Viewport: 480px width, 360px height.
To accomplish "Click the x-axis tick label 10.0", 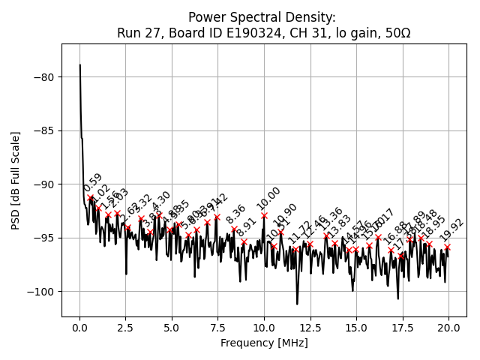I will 264,328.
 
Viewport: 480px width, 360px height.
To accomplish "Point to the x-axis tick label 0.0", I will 79,328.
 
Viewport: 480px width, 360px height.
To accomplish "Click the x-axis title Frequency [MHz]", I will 264,343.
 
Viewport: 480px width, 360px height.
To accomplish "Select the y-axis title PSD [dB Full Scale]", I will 16,180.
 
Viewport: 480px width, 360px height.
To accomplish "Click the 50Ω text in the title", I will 396,33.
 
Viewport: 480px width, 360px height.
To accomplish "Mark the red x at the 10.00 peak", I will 264,215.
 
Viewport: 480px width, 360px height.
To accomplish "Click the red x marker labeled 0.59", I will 91,198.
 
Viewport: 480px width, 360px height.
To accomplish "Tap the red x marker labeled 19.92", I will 447,247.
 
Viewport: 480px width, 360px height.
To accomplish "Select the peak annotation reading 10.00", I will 268,198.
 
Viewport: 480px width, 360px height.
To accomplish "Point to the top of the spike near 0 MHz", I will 80,65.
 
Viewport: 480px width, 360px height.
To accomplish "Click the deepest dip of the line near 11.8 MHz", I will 297,304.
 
